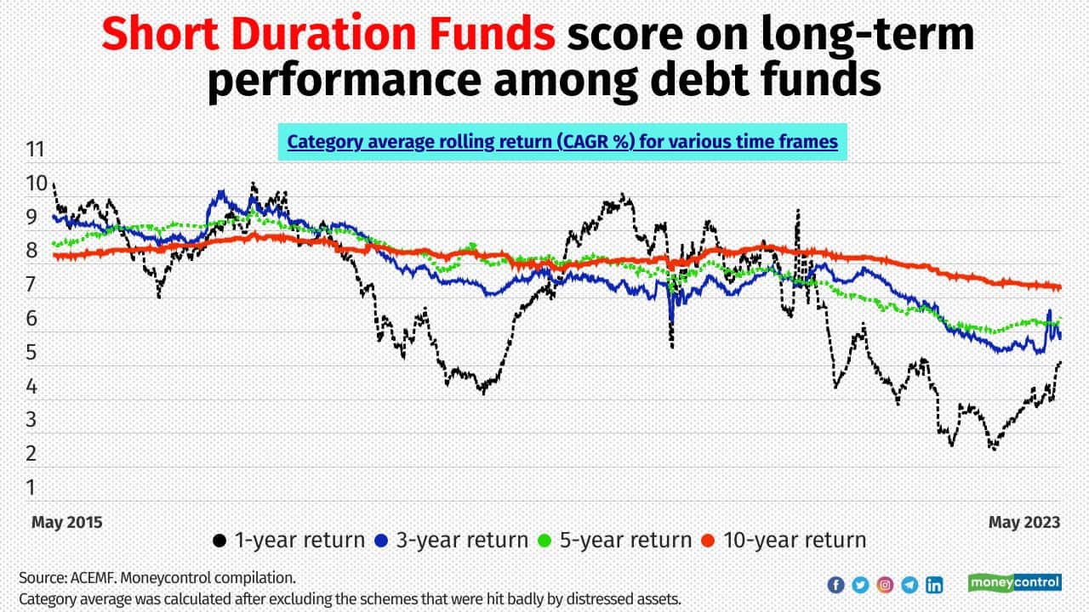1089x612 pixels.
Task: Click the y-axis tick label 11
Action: tap(36, 150)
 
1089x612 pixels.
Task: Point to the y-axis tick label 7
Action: tap(31, 285)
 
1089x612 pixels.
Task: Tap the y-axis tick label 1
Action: tap(31, 488)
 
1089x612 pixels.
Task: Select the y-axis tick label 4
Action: tap(31, 387)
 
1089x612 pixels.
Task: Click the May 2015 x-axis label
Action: tap(67, 523)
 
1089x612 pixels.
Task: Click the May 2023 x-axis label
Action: tap(1024, 523)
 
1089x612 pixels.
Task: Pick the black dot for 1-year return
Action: tap(220, 541)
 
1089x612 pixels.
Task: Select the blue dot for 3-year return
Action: tap(382, 541)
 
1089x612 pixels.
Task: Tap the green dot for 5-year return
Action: tap(545, 541)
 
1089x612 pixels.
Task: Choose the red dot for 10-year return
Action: tap(709, 541)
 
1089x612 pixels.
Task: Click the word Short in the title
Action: tap(161, 34)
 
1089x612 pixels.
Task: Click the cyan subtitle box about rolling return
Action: tap(562, 142)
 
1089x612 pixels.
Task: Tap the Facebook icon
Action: tap(835, 585)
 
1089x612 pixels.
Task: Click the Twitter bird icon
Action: tap(860, 585)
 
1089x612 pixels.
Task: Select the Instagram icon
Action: tap(885, 585)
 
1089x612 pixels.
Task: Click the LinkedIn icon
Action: tap(934, 585)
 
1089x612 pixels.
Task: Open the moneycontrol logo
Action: tap(1015, 582)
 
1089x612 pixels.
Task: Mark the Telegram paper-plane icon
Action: tap(909, 585)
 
